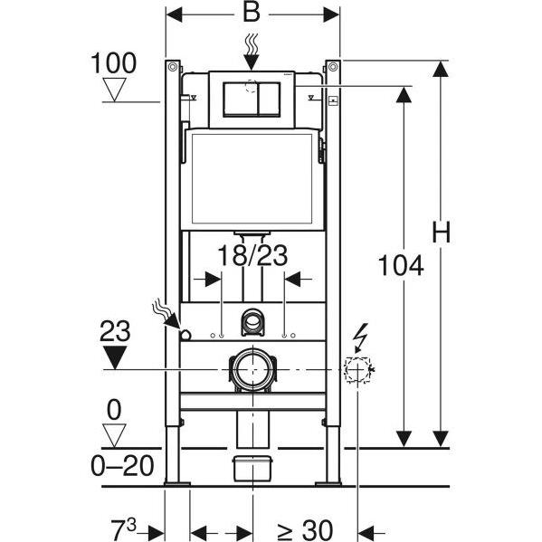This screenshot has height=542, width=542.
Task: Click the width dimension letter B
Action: coord(252,13)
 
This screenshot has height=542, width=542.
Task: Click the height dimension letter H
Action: coord(442,232)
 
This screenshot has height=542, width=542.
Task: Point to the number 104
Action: coord(401,265)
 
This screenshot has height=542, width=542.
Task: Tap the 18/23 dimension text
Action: coord(252,255)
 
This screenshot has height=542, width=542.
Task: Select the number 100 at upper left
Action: coord(113,63)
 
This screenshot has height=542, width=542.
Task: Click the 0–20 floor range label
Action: coord(122,465)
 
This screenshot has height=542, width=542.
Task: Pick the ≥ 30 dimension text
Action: coord(305,530)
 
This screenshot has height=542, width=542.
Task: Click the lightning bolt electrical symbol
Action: coord(361,338)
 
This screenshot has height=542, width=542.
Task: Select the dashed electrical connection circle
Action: coord(357,369)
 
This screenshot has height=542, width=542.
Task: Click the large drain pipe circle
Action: coord(252,369)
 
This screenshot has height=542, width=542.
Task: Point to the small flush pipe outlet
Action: coord(252,321)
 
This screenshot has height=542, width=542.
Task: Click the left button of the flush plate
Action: coord(241,99)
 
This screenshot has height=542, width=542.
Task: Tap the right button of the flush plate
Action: coord(270,99)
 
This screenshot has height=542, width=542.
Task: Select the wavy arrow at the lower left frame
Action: coord(166,314)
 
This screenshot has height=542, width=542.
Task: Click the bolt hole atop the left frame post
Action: coord(173,67)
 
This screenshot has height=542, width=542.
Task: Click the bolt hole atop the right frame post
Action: coord(333,67)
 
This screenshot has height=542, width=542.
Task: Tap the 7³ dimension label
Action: coord(123,529)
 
